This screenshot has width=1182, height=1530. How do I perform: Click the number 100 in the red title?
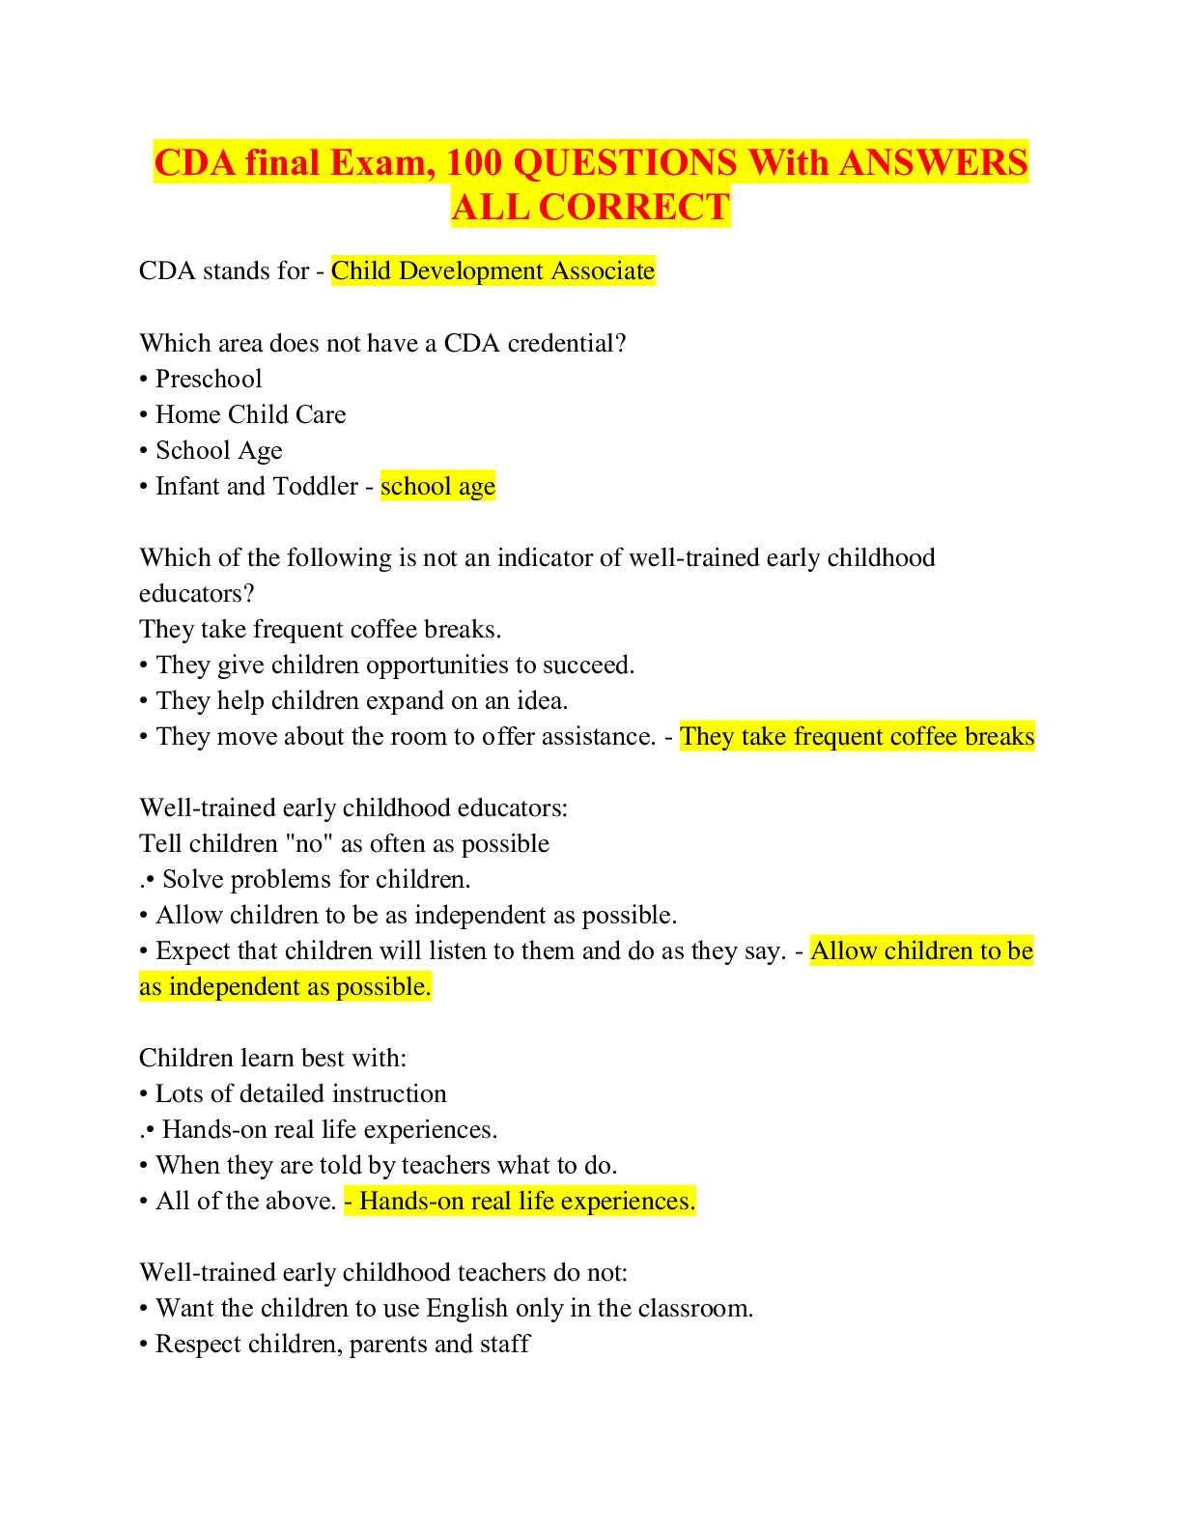point(474,162)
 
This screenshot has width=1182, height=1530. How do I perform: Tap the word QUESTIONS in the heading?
point(625,162)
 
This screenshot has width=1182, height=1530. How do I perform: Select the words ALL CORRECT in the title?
point(591,207)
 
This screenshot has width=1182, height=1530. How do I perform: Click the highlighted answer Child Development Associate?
point(492,271)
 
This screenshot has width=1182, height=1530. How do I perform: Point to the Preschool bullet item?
point(209,379)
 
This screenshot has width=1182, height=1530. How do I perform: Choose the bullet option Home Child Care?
point(251,414)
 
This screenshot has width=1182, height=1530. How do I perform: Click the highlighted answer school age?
point(437,487)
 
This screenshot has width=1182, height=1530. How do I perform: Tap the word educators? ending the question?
point(196,594)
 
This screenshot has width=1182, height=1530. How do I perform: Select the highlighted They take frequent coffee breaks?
point(857,736)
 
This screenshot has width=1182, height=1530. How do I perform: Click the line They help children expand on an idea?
point(361,701)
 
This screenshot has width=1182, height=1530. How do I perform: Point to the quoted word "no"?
point(308,844)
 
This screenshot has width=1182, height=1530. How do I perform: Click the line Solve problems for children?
point(316,879)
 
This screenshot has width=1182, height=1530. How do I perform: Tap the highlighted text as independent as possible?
point(285,987)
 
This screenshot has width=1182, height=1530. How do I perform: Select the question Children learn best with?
point(272,1059)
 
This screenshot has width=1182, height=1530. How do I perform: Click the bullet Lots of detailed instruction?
point(300,1094)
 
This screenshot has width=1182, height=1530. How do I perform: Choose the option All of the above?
point(245,1202)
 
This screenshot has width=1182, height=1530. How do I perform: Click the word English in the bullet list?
point(466,1309)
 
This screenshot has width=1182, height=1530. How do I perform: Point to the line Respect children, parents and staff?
point(342,1345)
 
